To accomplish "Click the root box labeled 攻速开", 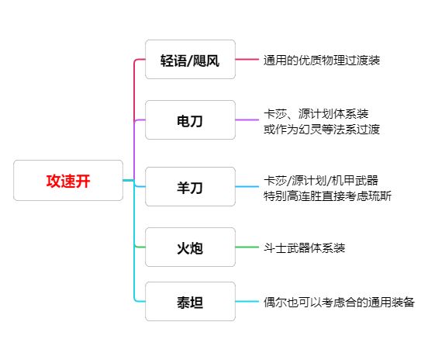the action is pyautogui.click(x=68, y=181).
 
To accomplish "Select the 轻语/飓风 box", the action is pyautogui.click(x=190, y=60).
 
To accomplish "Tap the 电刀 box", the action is pyautogui.click(x=190, y=120).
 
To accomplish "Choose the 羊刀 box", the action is pyautogui.click(x=190, y=186).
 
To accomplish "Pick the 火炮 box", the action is pyautogui.click(x=190, y=247).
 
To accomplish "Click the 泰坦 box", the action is pyautogui.click(x=190, y=302).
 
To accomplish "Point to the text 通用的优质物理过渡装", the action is pyautogui.click(x=322, y=61).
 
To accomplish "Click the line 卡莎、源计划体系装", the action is pyautogui.click(x=316, y=114).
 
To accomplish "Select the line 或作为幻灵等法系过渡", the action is pyautogui.click(x=322, y=129).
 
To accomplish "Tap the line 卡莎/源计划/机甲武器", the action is pyautogui.click(x=321, y=181).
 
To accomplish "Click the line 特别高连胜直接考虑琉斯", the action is pyautogui.click(x=327, y=196).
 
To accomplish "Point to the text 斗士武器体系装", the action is pyautogui.click(x=304, y=247).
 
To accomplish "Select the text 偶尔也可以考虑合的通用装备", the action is pyautogui.click(x=339, y=302).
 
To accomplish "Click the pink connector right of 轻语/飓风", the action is pyautogui.click(x=247, y=60).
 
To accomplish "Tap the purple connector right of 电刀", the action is pyautogui.click(x=247, y=120).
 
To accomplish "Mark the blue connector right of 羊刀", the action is pyautogui.click(x=247, y=186).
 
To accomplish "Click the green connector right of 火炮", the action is pyautogui.click(x=247, y=247).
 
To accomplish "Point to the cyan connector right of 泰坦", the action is pyautogui.click(x=247, y=302).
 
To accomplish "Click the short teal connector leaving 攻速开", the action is pyautogui.click(x=129, y=181).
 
